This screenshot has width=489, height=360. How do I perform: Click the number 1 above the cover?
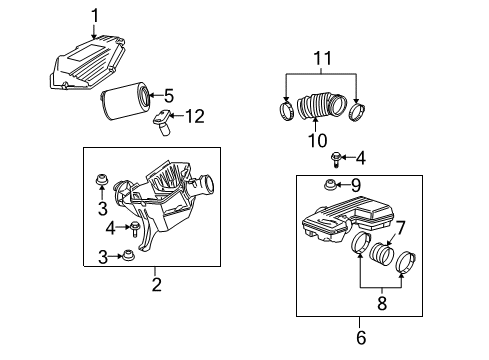click(x=96, y=14)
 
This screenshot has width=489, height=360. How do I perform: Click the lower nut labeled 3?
click(x=130, y=256)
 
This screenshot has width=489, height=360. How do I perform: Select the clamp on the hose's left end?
click(x=285, y=107)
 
